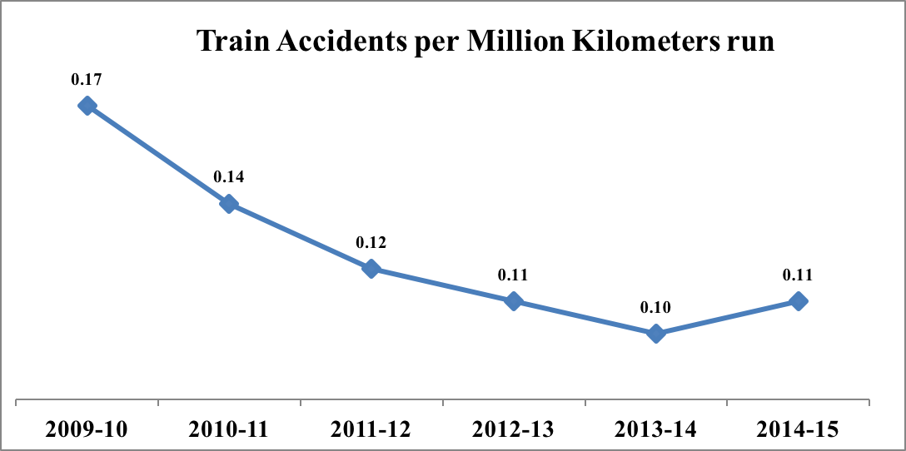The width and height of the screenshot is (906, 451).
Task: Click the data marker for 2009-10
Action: click(x=87, y=106)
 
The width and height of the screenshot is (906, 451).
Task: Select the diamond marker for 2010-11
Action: click(x=228, y=204)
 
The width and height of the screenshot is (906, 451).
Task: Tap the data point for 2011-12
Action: click(x=371, y=268)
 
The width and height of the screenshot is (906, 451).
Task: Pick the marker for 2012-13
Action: click(x=514, y=301)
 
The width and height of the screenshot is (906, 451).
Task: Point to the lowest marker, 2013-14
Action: click(x=656, y=334)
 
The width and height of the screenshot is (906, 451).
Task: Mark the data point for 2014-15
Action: click(x=799, y=301)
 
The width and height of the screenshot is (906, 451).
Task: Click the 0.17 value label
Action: click(x=87, y=80)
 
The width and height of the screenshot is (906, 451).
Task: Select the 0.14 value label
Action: click(x=229, y=176)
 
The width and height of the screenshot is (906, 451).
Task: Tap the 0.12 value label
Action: click(x=371, y=242)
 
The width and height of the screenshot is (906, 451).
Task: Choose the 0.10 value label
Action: click(x=656, y=307)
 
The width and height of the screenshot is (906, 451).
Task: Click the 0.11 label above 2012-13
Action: click(x=514, y=275)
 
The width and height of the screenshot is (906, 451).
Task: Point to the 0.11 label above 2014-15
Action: click(x=799, y=275)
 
